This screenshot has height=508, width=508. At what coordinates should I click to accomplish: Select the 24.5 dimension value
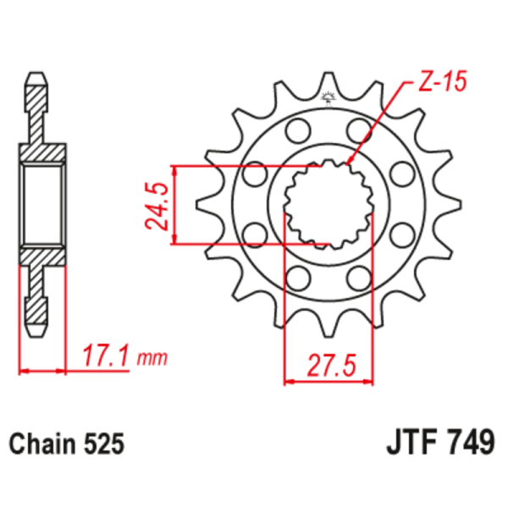(x=155, y=205)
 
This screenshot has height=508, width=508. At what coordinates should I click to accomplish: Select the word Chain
(x=43, y=444)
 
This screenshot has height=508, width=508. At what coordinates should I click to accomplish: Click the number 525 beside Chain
(x=103, y=444)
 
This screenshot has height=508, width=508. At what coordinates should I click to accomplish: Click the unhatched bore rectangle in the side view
(x=41, y=204)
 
